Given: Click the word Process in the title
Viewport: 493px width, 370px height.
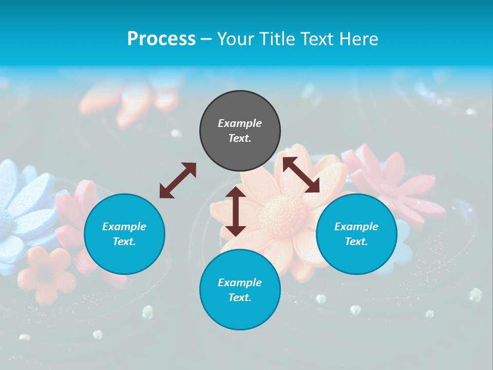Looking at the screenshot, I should [x=161, y=39].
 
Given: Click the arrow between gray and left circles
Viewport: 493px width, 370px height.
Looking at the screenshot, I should [x=178, y=180].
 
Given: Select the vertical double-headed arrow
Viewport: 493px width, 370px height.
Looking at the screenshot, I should [x=236, y=211].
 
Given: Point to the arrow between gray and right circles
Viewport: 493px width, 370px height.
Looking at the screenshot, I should [x=301, y=175].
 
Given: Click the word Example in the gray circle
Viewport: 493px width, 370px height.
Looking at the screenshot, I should [x=240, y=123].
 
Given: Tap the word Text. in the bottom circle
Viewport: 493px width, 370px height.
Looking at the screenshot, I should [x=240, y=298].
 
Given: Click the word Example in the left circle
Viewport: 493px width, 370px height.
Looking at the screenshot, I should [x=124, y=227].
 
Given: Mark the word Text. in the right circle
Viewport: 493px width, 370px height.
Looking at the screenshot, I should [x=356, y=242].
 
